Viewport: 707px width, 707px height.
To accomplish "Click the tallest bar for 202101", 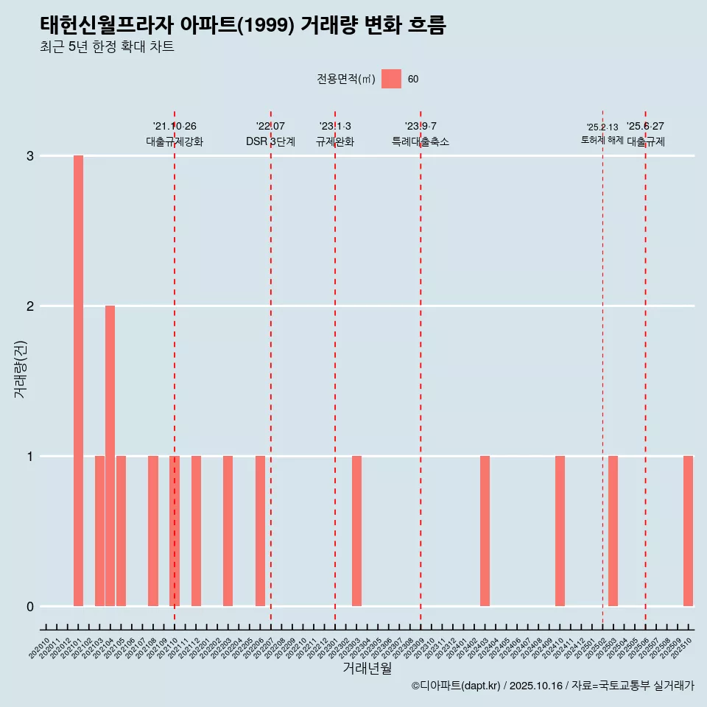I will point(78,381).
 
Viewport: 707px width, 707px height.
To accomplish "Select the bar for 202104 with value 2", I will point(110,456).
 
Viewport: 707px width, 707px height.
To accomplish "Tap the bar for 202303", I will point(356,531).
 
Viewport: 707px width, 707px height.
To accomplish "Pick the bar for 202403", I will point(485,531).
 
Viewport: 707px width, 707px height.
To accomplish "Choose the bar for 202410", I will point(560,531).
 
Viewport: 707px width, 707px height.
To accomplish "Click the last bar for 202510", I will point(688,531).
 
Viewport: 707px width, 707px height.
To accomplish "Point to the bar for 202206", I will point(260,531).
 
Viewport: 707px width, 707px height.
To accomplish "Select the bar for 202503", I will point(613,531).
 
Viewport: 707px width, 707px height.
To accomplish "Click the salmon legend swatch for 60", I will point(391,79).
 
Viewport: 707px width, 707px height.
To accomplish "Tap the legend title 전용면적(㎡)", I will point(346,80).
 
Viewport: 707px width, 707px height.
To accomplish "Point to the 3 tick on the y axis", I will point(30,156).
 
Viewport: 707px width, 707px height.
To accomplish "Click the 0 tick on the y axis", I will point(30,607).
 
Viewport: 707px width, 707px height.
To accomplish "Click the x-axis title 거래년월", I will point(367,669).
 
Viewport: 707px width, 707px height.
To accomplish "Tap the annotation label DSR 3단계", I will point(270,141).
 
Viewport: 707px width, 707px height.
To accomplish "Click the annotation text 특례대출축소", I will point(420,141).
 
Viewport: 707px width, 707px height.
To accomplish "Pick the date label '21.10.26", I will point(175,127).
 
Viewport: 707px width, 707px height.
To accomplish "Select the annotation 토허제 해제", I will point(602,140).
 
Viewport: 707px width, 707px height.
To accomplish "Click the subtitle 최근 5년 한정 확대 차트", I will point(107,47).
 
